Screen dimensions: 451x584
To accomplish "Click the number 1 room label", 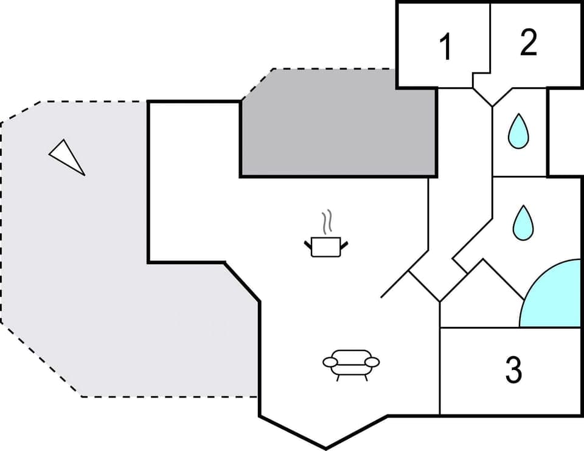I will click(x=446, y=47).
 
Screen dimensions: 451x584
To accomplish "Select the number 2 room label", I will click(x=528, y=43).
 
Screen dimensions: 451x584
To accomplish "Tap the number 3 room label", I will click(x=513, y=369).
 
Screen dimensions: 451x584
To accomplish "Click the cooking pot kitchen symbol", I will click(x=326, y=246).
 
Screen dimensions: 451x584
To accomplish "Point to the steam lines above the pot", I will click(x=327, y=223).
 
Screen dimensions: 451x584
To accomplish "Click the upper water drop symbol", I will click(x=518, y=131).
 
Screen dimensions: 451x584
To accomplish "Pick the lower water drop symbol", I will click(x=523, y=222).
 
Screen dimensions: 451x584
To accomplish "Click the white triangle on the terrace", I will click(x=66, y=156).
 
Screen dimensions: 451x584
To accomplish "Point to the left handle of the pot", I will click(x=308, y=245).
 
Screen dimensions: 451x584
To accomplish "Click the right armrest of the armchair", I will click(x=373, y=362).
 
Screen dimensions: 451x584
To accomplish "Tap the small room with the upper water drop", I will click(x=518, y=133).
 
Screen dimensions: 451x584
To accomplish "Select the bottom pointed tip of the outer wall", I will click(x=325, y=449).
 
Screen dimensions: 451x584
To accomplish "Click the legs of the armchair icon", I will click(x=352, y=376).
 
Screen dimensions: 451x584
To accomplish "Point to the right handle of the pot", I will click(x=344, y=245).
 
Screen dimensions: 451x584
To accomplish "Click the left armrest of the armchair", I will click(x=329, y=362).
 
